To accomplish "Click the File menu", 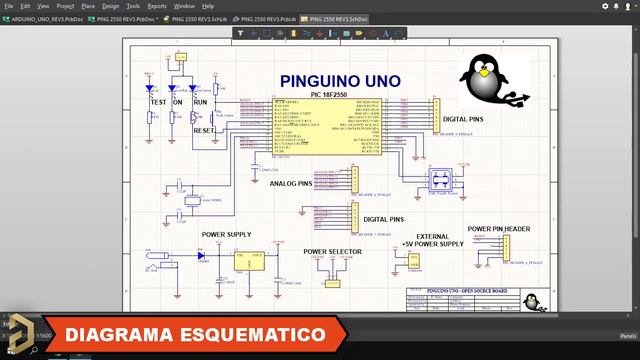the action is pos(9,6).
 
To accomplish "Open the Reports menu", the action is pos(157,6).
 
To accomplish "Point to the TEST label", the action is pos(157,103).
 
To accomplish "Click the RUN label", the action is pos(200,103).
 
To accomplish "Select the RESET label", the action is pos(204,131).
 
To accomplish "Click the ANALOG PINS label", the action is pos(291,184).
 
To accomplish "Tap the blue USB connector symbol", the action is pos(439,180).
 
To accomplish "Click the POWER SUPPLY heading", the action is pos(226,235).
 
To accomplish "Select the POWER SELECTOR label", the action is pos(332,251).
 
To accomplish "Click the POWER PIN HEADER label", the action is pos(498,229).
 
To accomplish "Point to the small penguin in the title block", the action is pos(534,301).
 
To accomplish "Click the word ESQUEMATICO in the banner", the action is pos(251,334).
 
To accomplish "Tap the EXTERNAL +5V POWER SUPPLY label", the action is pos(432,240).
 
